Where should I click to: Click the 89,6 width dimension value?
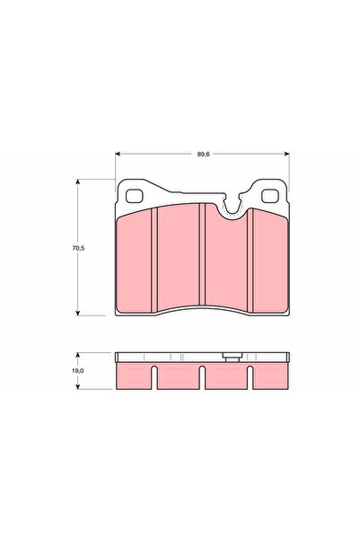[203, 155]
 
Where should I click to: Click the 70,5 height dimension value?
[78, 248]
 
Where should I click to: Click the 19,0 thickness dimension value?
[78, 371]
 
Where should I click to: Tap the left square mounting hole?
[135, 196]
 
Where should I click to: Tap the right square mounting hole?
[270, 196]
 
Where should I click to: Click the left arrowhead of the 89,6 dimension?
[118, 154]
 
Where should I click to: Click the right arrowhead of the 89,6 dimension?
[287, 154]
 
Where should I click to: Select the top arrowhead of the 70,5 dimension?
[78, 181]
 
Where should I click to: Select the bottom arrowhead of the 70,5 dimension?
[78, 313]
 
